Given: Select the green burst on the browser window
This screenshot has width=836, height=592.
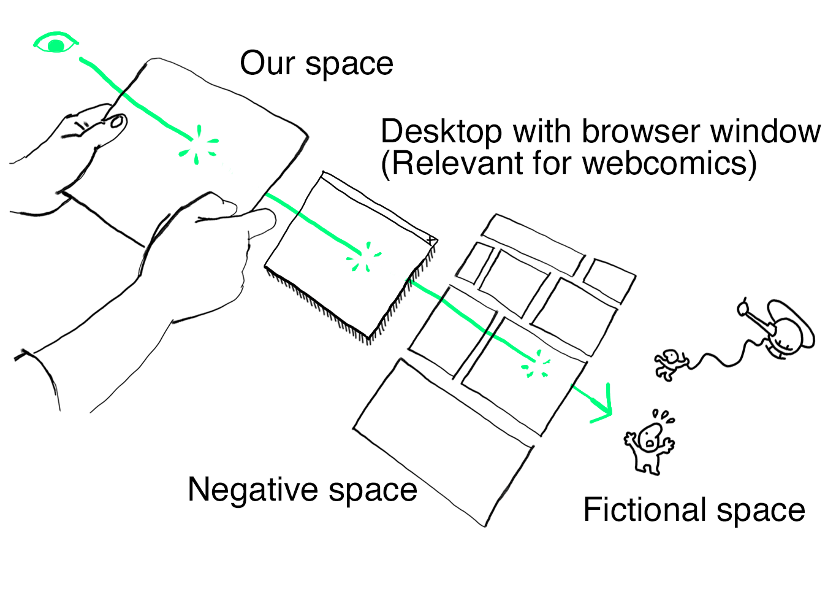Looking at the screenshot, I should click(366, 258).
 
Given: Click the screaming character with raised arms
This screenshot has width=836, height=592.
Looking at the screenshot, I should click(649, 445).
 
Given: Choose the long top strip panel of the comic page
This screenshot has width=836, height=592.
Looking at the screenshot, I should click(532, 244).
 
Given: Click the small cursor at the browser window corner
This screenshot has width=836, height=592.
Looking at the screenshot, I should click(431, 240).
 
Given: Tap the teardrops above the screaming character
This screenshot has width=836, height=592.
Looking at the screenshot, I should click(663, 417).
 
